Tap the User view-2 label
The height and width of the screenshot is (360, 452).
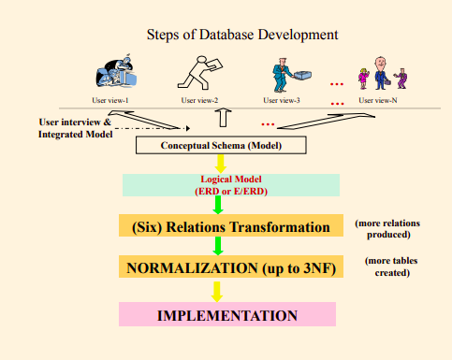coord(199,100)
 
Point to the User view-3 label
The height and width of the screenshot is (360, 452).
coord(282,100)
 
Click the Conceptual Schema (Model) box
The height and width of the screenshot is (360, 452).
coord(221,145)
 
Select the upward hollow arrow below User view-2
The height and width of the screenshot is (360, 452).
coord(222,119)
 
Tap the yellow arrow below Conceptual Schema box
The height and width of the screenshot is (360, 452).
coord(221,163)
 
